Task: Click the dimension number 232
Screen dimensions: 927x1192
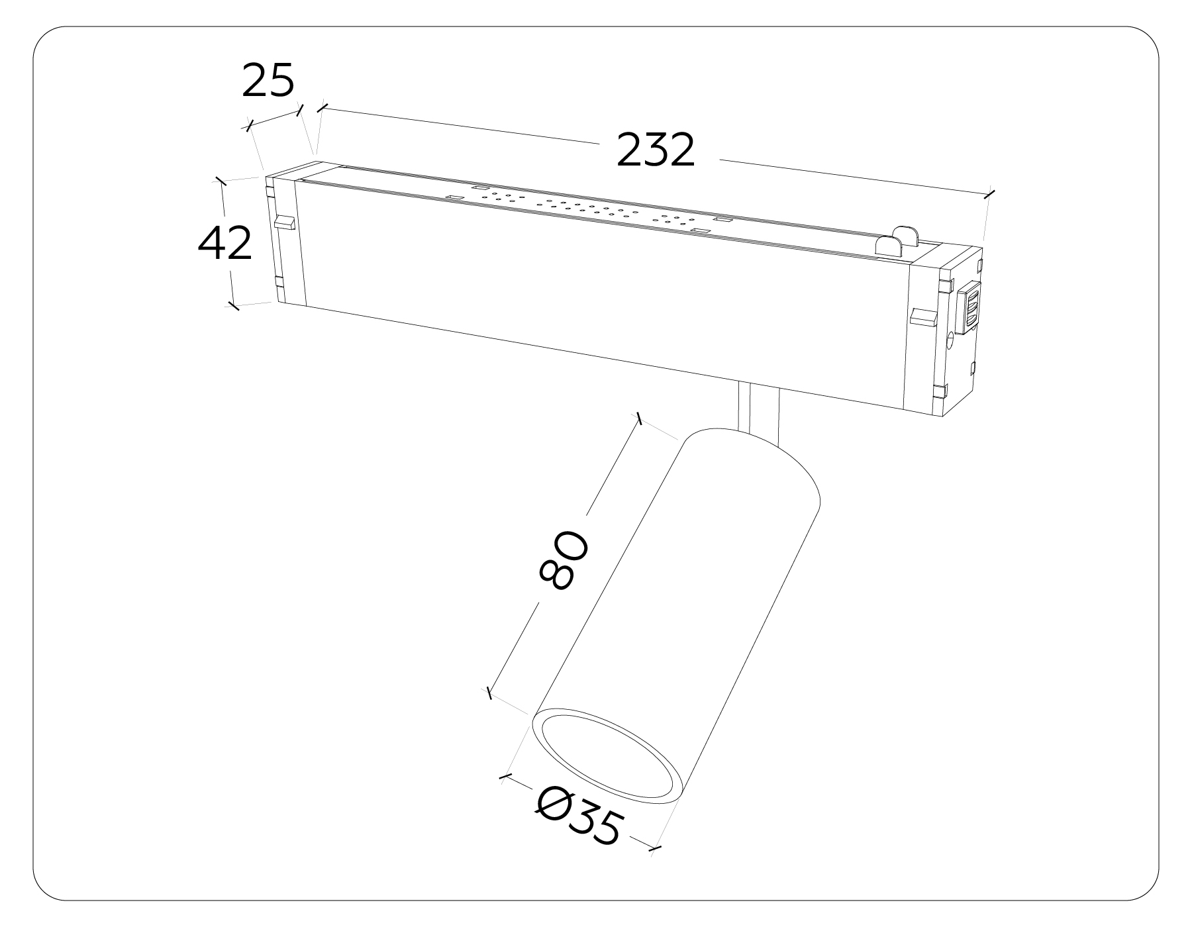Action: [x=656, y=150]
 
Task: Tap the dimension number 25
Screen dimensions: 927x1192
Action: [x=268, y=81]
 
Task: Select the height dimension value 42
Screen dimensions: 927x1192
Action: [x=225, y=244]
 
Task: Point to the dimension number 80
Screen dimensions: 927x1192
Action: [x=564, y=560]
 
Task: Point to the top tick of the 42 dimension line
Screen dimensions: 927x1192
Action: [x=221, y=181]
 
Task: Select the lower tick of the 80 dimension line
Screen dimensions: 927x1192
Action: [x=489, y=693]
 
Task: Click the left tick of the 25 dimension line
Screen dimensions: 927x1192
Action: [x=250, y=125]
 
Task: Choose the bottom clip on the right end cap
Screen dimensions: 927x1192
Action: [x=938, y=393]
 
